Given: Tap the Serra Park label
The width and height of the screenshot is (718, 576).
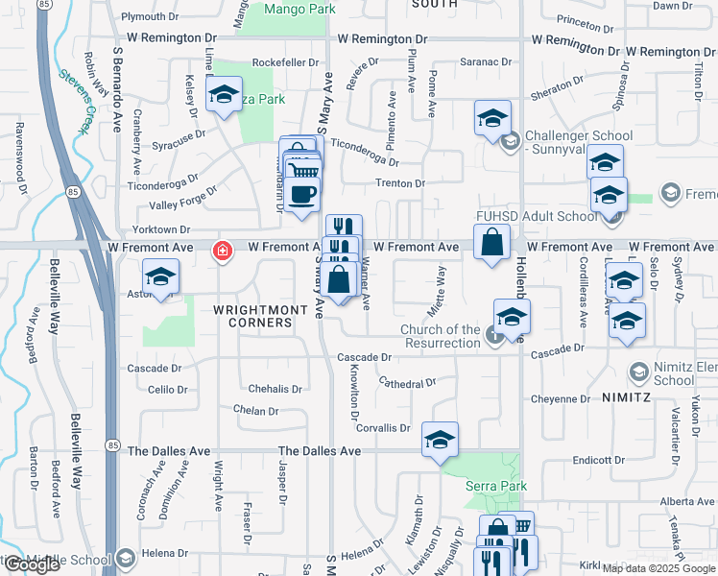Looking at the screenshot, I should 496,487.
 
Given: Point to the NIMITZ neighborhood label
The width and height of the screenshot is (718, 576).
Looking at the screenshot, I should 628,396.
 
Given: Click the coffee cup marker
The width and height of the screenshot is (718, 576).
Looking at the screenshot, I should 301,193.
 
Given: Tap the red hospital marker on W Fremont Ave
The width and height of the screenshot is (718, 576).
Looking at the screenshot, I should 223,252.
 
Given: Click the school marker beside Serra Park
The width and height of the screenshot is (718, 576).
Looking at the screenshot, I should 440,440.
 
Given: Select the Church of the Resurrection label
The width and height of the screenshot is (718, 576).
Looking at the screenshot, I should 440,336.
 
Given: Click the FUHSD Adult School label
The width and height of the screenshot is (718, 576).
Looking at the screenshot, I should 549,217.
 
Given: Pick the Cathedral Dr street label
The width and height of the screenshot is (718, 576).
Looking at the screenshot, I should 407,383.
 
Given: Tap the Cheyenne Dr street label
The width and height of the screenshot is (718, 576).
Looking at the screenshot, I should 565,398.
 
